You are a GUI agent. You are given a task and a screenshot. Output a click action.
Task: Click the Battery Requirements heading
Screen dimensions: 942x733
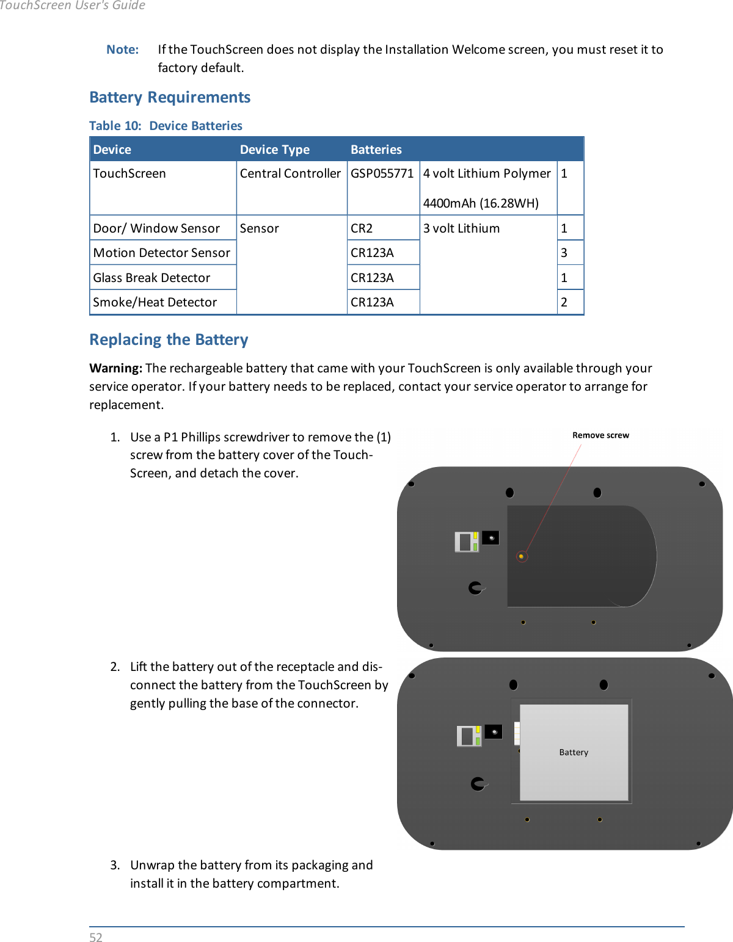(x=170, y=98)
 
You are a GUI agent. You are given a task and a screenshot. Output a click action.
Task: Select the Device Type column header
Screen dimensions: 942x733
(x=274, y=150)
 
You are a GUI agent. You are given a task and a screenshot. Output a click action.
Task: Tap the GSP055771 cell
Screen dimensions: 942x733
(x=382, y=173)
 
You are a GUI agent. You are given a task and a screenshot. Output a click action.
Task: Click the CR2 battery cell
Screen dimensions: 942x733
(x=362, y=228)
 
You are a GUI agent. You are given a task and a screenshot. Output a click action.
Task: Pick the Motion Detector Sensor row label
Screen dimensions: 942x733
(x=161, y=253)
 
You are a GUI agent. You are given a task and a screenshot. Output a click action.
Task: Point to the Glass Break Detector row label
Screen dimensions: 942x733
(x=151, y=278)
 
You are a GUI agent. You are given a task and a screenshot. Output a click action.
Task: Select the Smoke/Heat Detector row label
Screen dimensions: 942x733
(x=155, y=302)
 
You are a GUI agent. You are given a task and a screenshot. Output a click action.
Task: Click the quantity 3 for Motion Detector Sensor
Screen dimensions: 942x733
(x=564, y=253)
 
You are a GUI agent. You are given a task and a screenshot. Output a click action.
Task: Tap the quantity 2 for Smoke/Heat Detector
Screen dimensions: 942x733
(x=564, y=302)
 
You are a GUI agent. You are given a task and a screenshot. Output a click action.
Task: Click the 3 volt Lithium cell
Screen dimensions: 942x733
(x=461, y=228)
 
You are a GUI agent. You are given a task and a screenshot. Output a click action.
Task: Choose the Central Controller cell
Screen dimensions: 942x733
(x=290, y=173)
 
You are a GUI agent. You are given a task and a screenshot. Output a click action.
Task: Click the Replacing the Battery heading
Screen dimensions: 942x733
(x=169, y=339)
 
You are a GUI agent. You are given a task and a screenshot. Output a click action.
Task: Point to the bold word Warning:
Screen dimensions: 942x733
(x=115, y=368)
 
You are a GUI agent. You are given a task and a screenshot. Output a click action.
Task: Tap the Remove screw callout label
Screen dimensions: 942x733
(x=600, y=435)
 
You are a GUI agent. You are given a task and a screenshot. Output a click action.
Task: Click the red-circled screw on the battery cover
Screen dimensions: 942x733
(x=521, y=556)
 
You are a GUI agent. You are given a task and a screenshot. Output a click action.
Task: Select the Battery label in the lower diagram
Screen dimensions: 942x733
(x=574, y=752)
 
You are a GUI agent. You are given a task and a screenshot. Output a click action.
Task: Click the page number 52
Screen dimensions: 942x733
(x=96, y=937)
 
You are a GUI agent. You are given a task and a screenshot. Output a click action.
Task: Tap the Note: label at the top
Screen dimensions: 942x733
(x=123, y=49)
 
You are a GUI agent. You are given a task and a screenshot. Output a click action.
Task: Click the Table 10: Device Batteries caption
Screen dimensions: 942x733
(x=166, y=126)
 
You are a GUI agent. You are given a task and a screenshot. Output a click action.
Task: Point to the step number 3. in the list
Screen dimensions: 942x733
(x=115, y=865)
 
